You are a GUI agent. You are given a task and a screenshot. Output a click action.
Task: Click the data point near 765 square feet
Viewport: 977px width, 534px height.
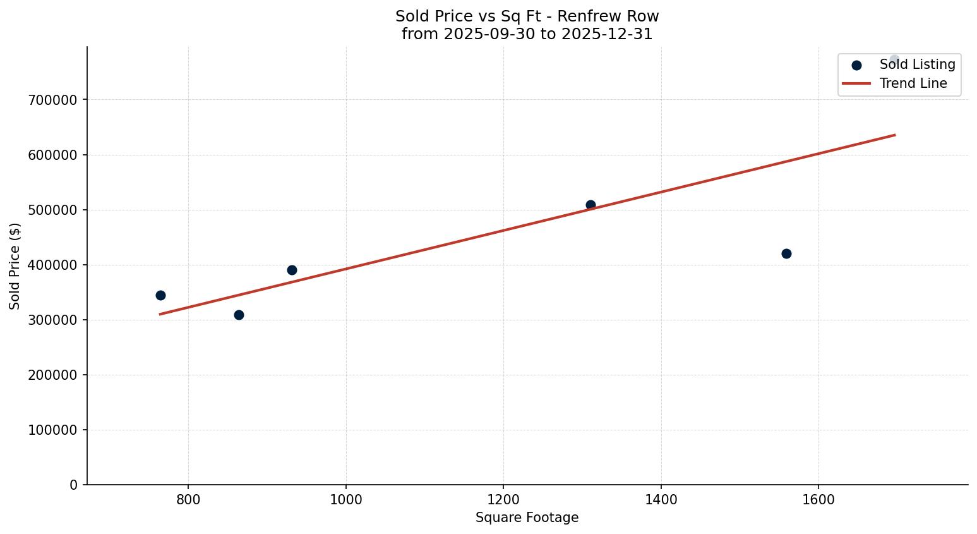click(x=160, y=295)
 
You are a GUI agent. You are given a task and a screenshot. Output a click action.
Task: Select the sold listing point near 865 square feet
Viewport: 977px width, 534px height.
click(x=239, y=315)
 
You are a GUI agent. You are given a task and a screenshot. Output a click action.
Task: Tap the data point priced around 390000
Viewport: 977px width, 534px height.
click(x=292, y=270)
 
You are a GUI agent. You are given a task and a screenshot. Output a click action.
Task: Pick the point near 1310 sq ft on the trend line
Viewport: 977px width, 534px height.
click(x=590, y=205)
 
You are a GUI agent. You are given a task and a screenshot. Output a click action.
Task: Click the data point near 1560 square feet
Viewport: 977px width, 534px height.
click(x=786, y=253)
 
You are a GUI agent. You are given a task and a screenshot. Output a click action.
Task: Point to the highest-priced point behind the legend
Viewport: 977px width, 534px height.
click(x=894, y=59)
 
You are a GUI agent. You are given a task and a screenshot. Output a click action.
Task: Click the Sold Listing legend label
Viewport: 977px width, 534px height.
click(x=917, y=64)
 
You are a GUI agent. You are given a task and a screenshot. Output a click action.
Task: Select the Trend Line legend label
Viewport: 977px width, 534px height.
click(x=913, y=83)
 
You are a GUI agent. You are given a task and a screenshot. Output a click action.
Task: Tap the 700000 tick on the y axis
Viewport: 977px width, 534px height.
click(x=53, y=100)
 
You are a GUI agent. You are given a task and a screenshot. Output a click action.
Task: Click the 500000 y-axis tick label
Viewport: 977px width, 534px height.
click(x=53, y=210)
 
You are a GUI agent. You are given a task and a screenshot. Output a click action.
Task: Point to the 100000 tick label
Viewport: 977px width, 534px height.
click(x=53, y=430)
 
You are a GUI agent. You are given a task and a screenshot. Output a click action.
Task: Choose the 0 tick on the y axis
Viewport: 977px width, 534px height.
click(x=74, y=485)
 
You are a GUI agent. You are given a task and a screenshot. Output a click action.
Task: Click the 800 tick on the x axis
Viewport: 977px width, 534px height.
click(x=188, y=499)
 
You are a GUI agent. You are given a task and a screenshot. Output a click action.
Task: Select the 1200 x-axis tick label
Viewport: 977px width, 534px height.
click(x=503, y=499)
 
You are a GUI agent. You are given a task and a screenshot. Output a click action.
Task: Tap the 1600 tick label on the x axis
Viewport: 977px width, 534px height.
click(x=818, y=499)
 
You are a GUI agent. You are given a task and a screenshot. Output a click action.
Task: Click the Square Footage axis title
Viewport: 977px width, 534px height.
click(x=527, y=518)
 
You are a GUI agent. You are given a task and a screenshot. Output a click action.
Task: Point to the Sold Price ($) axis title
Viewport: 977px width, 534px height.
click(x=15, y=266)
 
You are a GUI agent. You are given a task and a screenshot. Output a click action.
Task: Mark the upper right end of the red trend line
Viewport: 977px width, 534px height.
click(x=894, y=135)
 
